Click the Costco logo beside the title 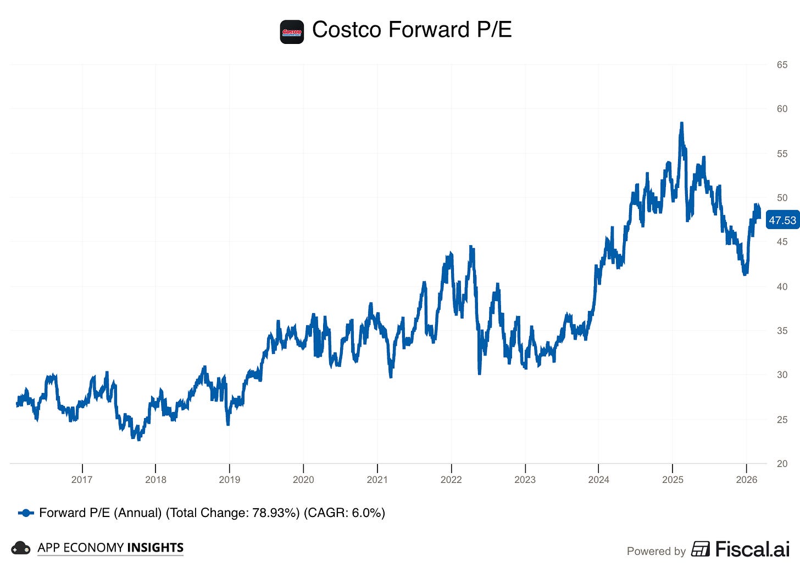(292, 32)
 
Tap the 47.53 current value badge (782, 220)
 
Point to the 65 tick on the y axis (781, 65)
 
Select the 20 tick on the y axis (781, 464)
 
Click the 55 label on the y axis (781, 154)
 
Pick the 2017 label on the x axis (82, 480)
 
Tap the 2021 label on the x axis (377, 480)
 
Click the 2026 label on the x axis (746, 480)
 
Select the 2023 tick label (525, 480)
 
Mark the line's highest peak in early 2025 (681, 124)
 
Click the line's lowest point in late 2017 (138, 438)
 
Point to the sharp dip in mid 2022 (479, 373)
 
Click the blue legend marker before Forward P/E (26, 513)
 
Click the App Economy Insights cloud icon (21, 548)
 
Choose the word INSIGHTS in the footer (155, 548)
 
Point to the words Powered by (656, 551)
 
